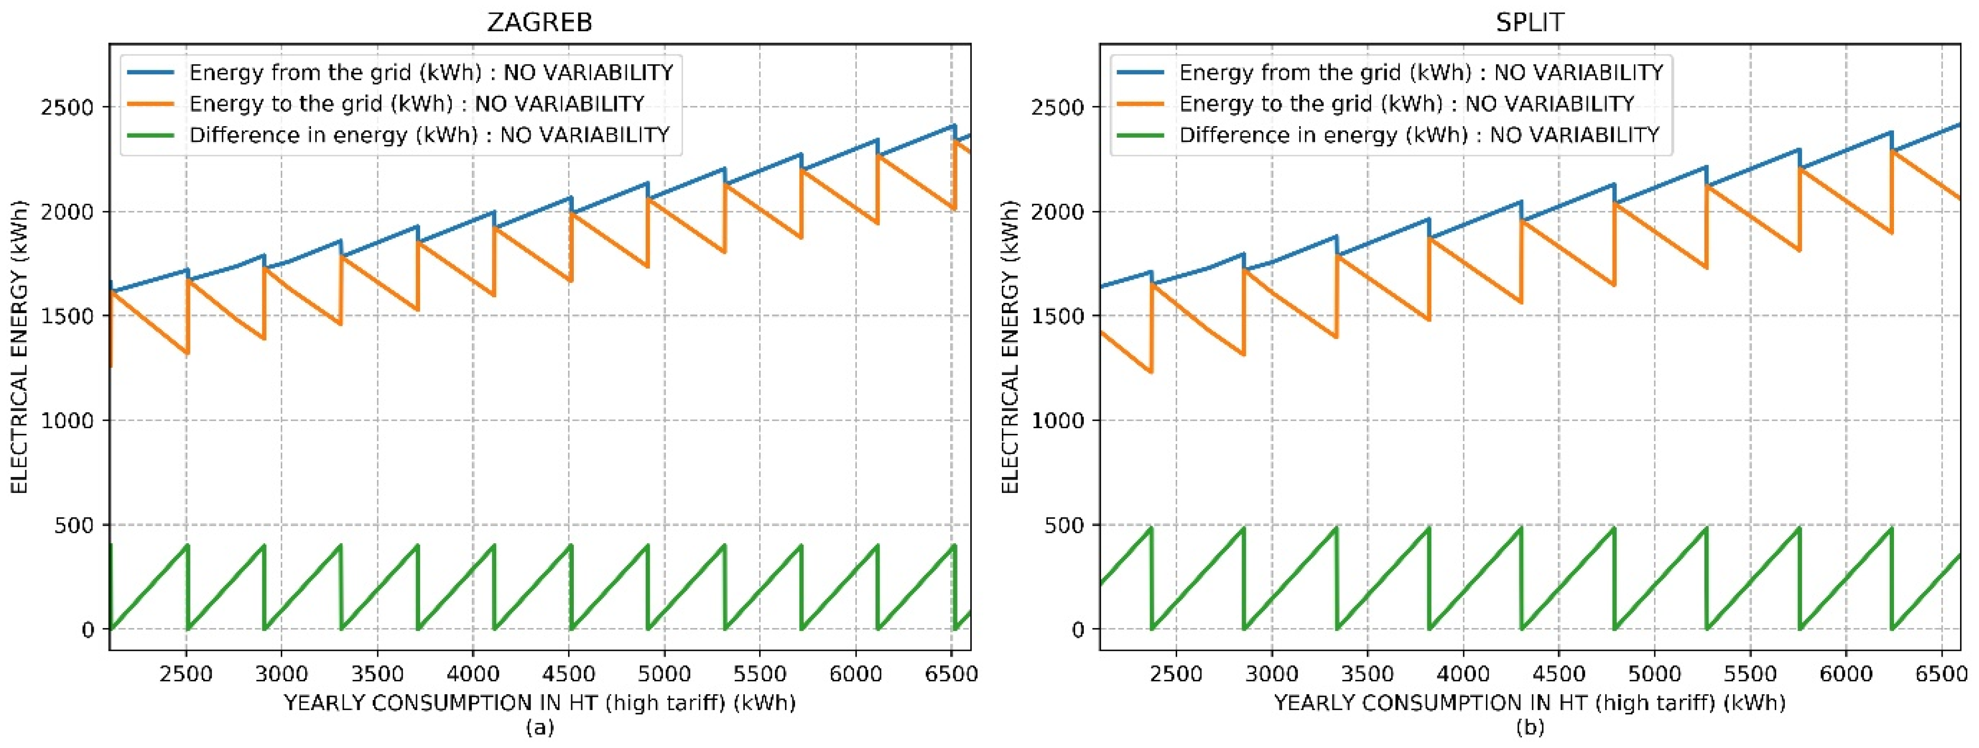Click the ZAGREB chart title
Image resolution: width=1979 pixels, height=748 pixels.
pos(539,22)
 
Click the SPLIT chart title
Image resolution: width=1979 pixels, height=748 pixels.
pos(1529,22)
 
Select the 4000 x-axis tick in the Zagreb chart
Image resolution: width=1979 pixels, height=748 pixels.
pos(472,674)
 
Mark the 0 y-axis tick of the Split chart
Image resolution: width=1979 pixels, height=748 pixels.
pos(1078,630)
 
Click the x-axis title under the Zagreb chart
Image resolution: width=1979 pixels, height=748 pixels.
pos(539,703)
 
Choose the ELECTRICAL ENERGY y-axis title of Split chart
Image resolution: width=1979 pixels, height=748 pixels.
pos(1010,347)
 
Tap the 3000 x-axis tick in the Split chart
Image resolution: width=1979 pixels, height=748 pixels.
pos(1272,674)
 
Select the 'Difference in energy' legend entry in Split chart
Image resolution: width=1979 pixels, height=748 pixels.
pos(1419,135)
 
